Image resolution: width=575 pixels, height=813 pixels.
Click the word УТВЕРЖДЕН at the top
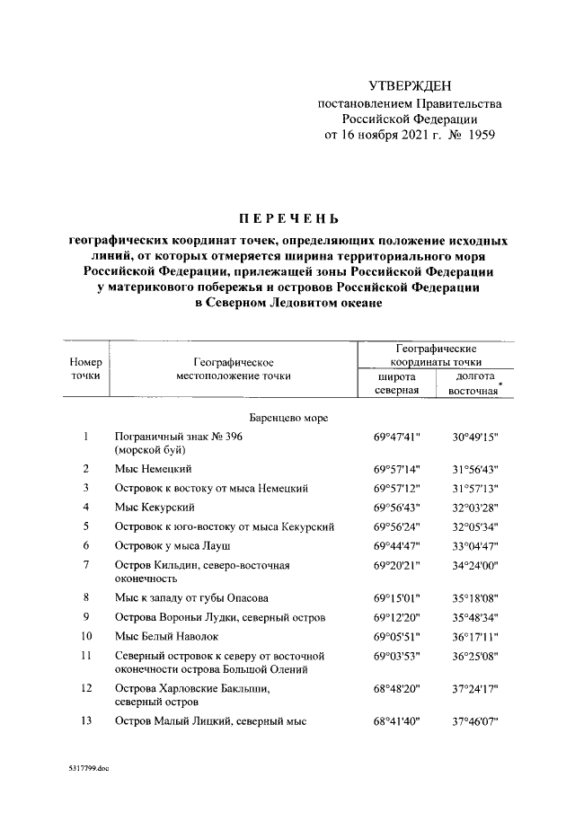[410, 85]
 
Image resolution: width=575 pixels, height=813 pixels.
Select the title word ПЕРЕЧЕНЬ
[288, 218]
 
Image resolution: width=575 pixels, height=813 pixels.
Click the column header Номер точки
[85, 368]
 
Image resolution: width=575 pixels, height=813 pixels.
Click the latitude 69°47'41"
[397, 437]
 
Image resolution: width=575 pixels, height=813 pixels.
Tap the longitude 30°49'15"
[475, 437]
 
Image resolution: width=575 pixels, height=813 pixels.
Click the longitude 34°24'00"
[475, 567]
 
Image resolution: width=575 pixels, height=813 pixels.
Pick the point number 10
[85, 636]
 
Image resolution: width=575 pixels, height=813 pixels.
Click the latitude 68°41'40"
[397, 721]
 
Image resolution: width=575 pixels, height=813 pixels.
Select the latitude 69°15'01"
[397, 597]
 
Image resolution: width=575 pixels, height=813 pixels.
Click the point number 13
[85, 721]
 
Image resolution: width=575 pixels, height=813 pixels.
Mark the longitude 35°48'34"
[475, 617]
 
